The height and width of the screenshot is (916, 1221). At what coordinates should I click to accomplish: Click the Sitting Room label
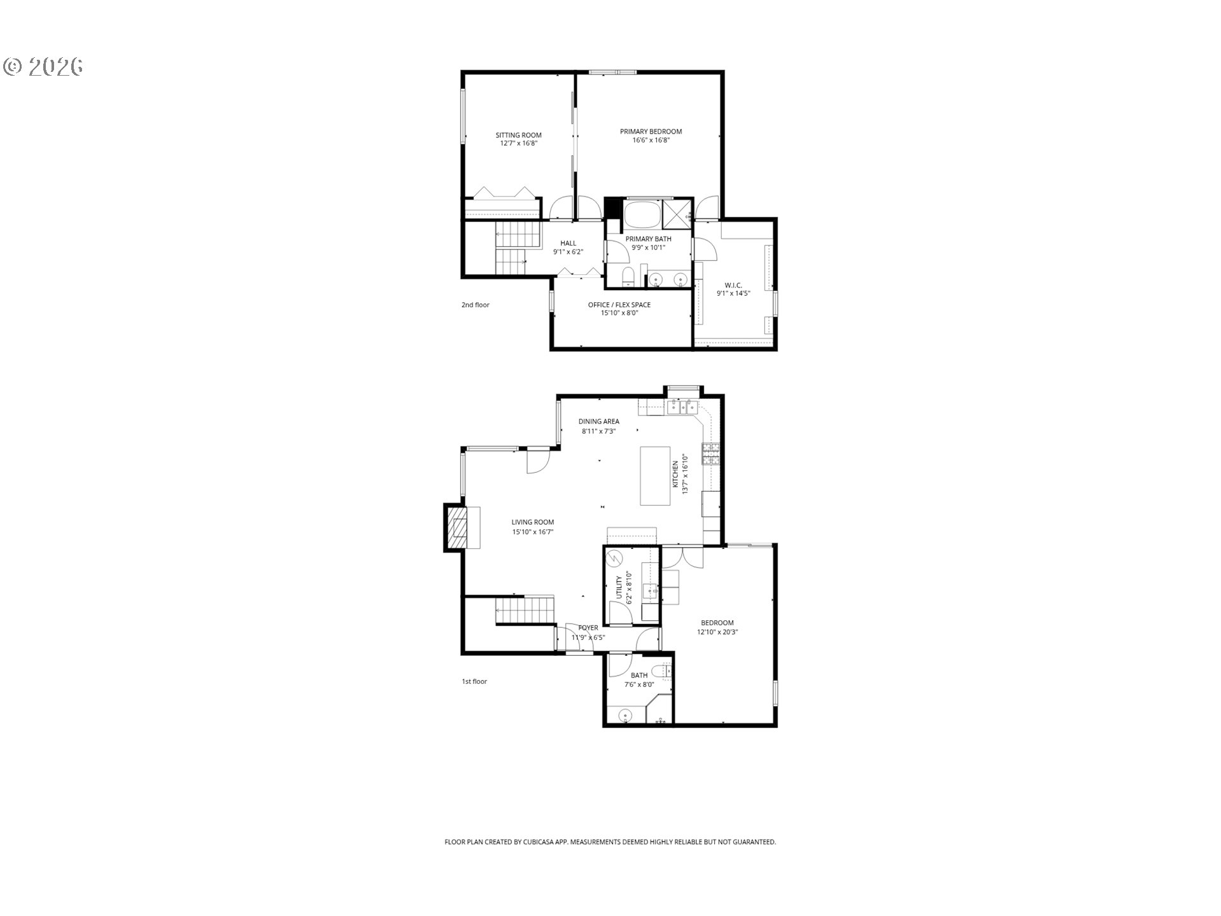coord(518,135)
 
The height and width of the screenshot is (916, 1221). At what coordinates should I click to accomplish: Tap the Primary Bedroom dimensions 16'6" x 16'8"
coord(651,141)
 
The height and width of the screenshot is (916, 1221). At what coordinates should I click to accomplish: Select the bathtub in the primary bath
coord(643,214)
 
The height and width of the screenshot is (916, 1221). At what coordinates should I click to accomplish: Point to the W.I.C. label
coord(733,285)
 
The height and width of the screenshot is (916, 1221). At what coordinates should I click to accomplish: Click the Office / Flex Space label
coord(619,305)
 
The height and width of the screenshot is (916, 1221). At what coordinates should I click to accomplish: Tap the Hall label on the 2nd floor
coord(568,243)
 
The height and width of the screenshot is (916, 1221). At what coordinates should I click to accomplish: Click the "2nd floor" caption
coord(475,305)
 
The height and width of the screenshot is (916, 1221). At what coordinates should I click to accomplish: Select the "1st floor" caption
coord(474,681)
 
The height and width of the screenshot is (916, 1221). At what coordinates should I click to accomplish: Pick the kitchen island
coord(656,476)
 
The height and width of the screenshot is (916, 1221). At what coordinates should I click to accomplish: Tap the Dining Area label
coord(598,422)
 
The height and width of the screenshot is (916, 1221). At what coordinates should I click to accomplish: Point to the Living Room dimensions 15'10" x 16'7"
coord(533,532)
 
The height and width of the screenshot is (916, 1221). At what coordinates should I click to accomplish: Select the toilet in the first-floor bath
coord(663,671)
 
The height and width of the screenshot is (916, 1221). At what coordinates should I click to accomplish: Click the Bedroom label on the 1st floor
coord(717,623)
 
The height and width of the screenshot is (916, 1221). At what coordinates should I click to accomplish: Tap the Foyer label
coord(588,628)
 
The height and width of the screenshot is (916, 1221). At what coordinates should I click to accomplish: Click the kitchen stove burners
coord(710,454)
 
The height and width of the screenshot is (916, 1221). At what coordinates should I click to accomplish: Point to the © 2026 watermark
coord(43,66)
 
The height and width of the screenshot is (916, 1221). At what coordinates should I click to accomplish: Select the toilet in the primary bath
coord(628,277)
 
